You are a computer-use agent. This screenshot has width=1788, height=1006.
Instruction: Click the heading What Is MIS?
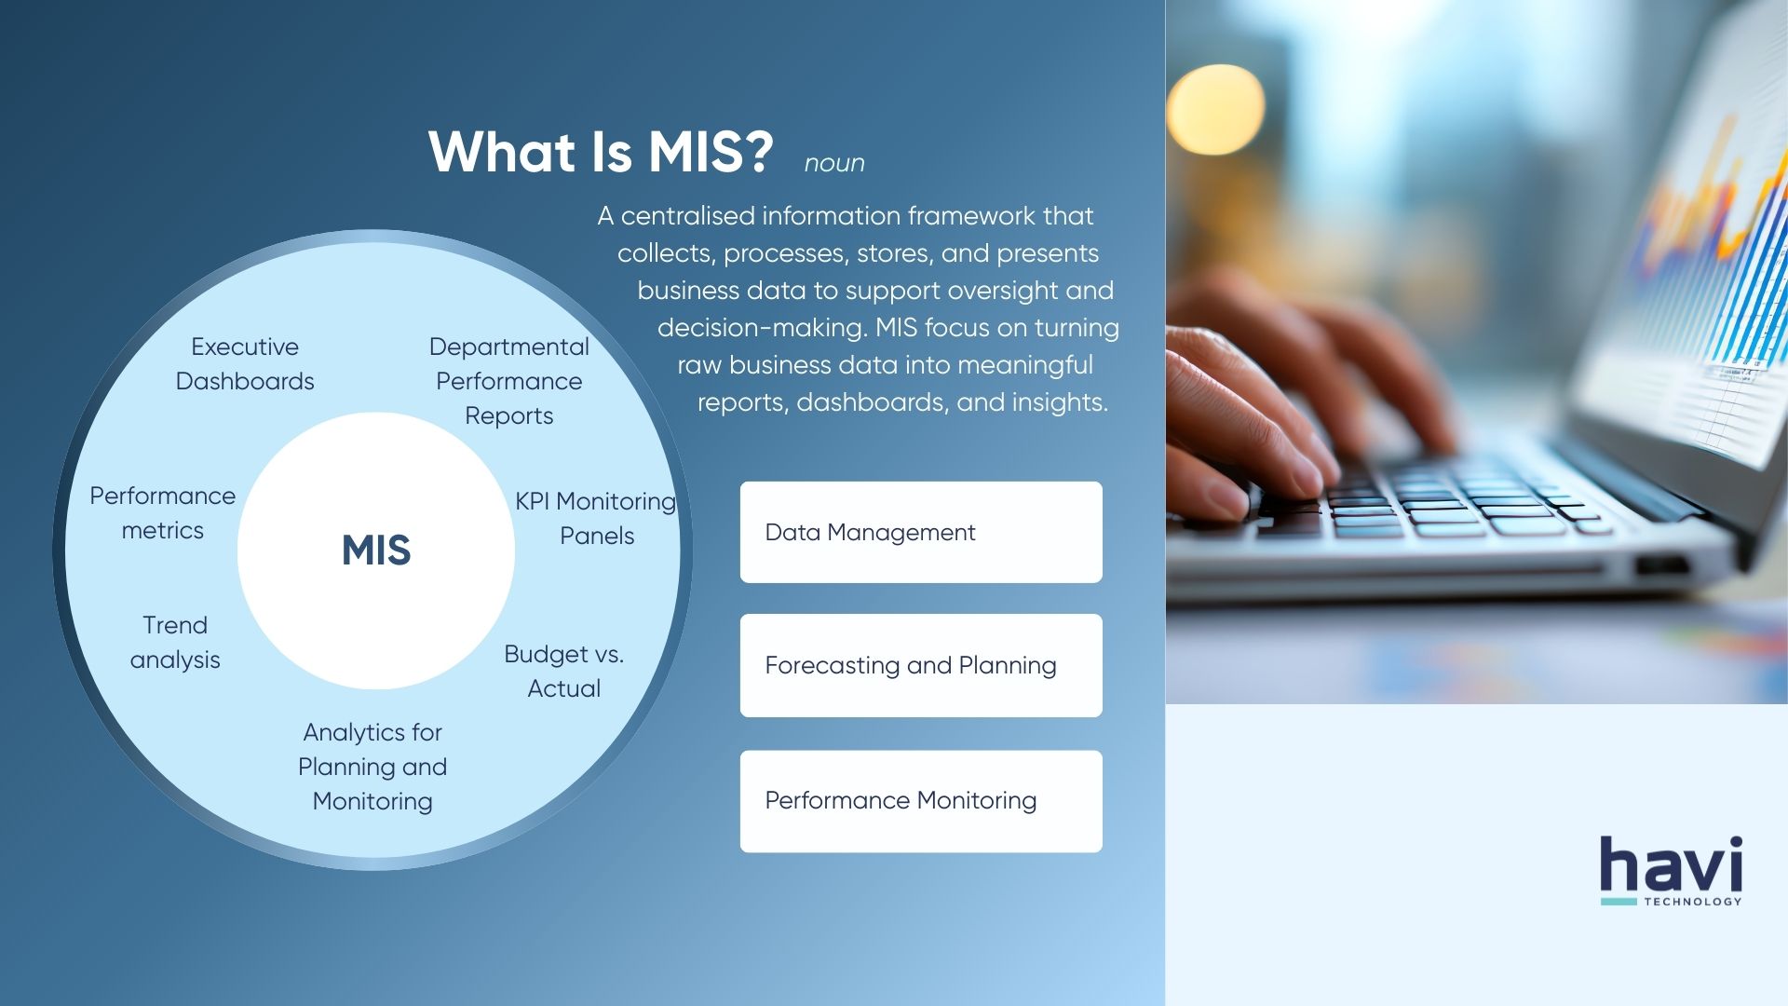coord(601,152)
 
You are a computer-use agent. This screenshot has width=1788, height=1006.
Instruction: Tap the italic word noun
coord(834,164)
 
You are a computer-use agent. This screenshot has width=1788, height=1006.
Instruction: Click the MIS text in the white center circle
coord(376,551)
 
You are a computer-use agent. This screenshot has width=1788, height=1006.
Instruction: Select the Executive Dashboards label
coord(245,364)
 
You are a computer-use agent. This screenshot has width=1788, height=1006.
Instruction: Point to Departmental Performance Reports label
coord(509,381)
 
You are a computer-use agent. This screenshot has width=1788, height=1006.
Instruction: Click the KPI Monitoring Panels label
coord(596,518)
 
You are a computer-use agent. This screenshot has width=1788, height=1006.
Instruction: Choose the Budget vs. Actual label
coord(564,671)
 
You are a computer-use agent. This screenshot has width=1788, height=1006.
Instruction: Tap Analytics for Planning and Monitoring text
coord(372,767)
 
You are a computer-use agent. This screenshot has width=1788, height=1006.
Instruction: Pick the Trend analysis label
coord(175,642)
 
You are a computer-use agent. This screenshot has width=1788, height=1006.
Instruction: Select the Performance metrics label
coord(163,512)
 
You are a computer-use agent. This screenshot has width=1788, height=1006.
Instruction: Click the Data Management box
coord(921,532)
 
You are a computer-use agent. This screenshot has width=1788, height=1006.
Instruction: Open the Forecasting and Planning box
coord(921,665)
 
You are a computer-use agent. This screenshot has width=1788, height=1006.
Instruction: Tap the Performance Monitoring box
coord(921,801)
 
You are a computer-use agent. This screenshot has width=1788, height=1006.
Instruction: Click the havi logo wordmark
coord(1671,864)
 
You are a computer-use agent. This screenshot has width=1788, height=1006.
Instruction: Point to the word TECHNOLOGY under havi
coord(1692,902)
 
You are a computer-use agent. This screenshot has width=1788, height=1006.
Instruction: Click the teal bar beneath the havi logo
coord(1619,902)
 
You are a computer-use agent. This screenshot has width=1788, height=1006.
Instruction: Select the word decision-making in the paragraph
coord(761,328)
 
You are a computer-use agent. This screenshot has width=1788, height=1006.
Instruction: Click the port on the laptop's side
coord(1662,565)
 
